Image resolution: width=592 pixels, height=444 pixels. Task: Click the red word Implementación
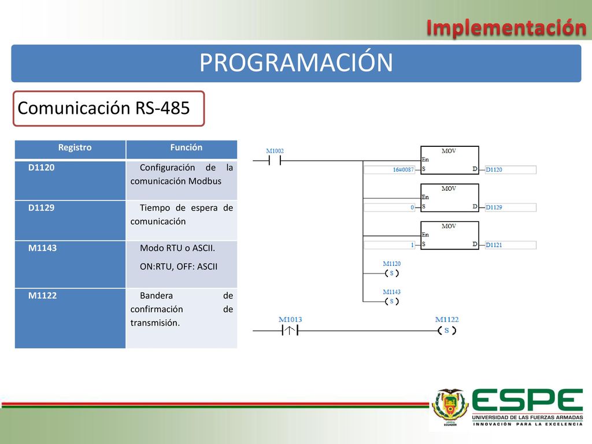click(x=506, y=28)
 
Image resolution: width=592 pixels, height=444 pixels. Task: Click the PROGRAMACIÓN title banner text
click(x=296, y=62)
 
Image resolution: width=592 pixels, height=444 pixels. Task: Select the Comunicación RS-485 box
click(x=109, y=108)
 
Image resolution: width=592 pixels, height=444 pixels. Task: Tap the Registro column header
click(x=75, y=147)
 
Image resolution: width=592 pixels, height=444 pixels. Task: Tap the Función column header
click(x=186, y=147)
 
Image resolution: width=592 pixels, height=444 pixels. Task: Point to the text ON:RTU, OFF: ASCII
click(x=179, y=267)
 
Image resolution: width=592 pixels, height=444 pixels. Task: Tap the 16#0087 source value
click(x=403, y=170)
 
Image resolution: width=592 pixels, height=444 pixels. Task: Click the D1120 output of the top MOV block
click(x=494, y=170)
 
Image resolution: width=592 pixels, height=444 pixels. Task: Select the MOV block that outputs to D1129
click(x=450, y=198)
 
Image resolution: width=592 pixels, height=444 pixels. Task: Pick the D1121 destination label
click(x=494, y=245)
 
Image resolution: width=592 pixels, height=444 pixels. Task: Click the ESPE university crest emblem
click(x=450, y=407)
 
